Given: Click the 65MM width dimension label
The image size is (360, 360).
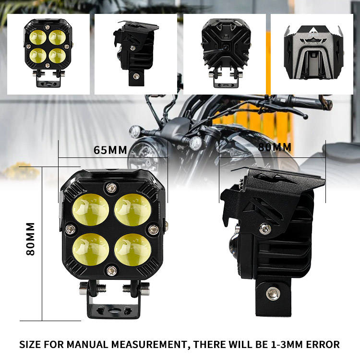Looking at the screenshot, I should pos(110,150).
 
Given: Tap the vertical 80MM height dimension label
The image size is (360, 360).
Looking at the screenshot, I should pos(30,239).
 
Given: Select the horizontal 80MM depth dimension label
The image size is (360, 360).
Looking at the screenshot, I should pos(275,147).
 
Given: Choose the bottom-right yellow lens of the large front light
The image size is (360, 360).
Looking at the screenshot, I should pos(133,249).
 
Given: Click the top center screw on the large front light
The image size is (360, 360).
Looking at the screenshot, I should pos(111,187).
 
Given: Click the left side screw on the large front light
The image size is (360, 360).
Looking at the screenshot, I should pos(70,229).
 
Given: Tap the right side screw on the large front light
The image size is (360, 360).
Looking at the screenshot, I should pos(153,230).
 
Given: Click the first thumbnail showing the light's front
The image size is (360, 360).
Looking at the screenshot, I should pos(48,54).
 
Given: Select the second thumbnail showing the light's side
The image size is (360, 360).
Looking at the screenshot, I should pos(135,54).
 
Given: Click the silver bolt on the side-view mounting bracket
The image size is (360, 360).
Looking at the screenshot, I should pos(273,292).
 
